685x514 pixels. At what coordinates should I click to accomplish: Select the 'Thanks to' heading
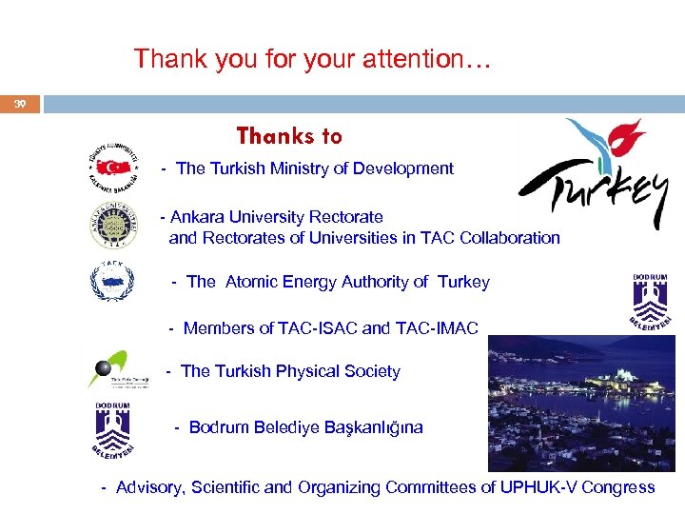tap(289, 137)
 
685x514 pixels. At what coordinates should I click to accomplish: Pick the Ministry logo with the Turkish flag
tap(115, 168)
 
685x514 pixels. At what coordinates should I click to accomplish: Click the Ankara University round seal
tap(113, 225)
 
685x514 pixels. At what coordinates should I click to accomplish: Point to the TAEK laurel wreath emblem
tap(112, 279)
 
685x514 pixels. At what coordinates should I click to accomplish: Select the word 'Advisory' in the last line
tap(148, 487)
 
